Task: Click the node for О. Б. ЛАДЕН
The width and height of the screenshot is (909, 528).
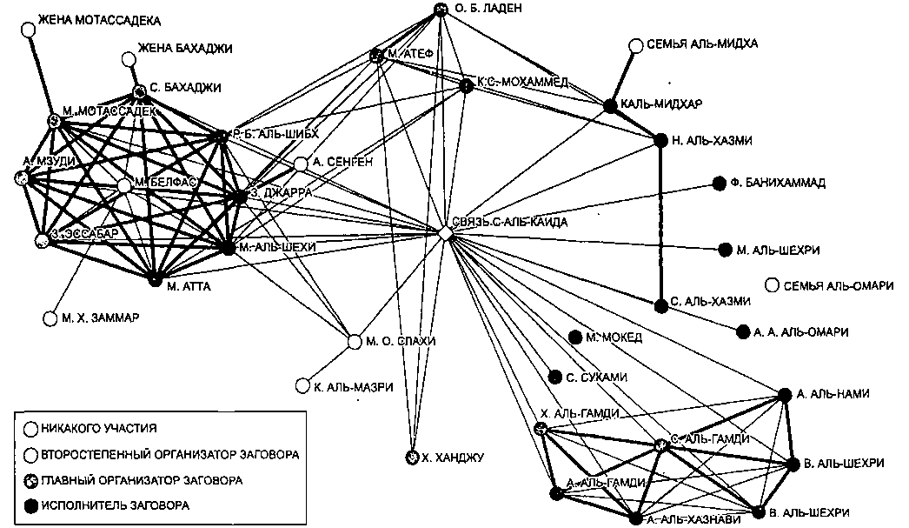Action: pos(441,10)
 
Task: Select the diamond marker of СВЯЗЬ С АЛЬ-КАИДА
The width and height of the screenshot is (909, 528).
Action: pos(444,234)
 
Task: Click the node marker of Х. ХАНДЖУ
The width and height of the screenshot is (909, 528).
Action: pos(412,457)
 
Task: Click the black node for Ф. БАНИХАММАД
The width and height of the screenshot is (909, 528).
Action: pos(719,183)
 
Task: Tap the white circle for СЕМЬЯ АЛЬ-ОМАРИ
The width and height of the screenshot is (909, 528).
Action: pos(772,285)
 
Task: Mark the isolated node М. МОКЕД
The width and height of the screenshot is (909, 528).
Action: pos(574,337)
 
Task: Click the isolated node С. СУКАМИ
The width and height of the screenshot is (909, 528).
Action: pos(555,377)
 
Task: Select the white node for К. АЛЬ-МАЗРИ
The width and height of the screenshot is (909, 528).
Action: pos(302,385)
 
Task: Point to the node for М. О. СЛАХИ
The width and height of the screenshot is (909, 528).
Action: pos(355,341)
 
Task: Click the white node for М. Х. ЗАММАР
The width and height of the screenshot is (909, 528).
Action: pos(50,318)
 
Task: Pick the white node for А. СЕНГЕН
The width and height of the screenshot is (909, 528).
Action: pos(300,164)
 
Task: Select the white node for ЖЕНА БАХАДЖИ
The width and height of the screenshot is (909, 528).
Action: pos(129,59)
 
